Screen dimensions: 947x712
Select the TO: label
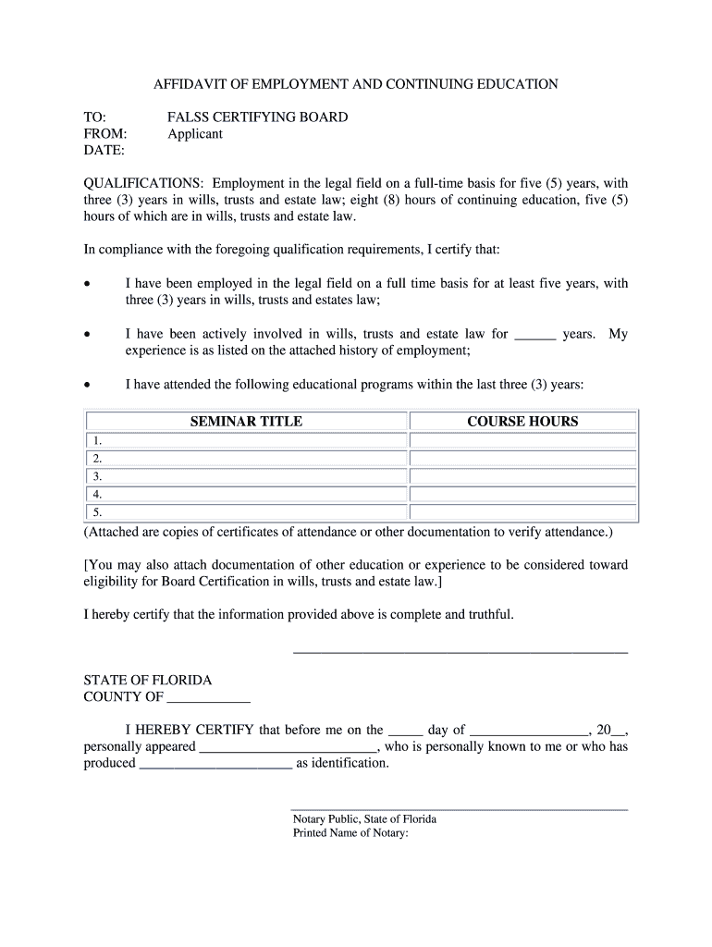tap(95, 117)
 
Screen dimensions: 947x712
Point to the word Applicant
tap(195, 134)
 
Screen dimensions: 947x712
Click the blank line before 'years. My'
tap(534, 335)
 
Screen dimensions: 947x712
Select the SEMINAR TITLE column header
tap(246, 422)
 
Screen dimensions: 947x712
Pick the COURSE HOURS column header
tap(522, 422)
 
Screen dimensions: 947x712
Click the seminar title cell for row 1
tap(246, 441)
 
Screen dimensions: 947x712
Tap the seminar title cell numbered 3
tap(246, 477)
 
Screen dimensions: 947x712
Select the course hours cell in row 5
tap(522, 512)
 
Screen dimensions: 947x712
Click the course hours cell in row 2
tap(522, 459)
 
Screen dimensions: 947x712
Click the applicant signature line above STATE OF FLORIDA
tap(460, 652)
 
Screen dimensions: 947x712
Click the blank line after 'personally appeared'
tap(288, 747)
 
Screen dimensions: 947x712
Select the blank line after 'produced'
tap(215, 764)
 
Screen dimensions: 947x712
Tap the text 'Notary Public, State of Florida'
tap(364, 819)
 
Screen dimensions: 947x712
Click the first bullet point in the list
tap(87, 285)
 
